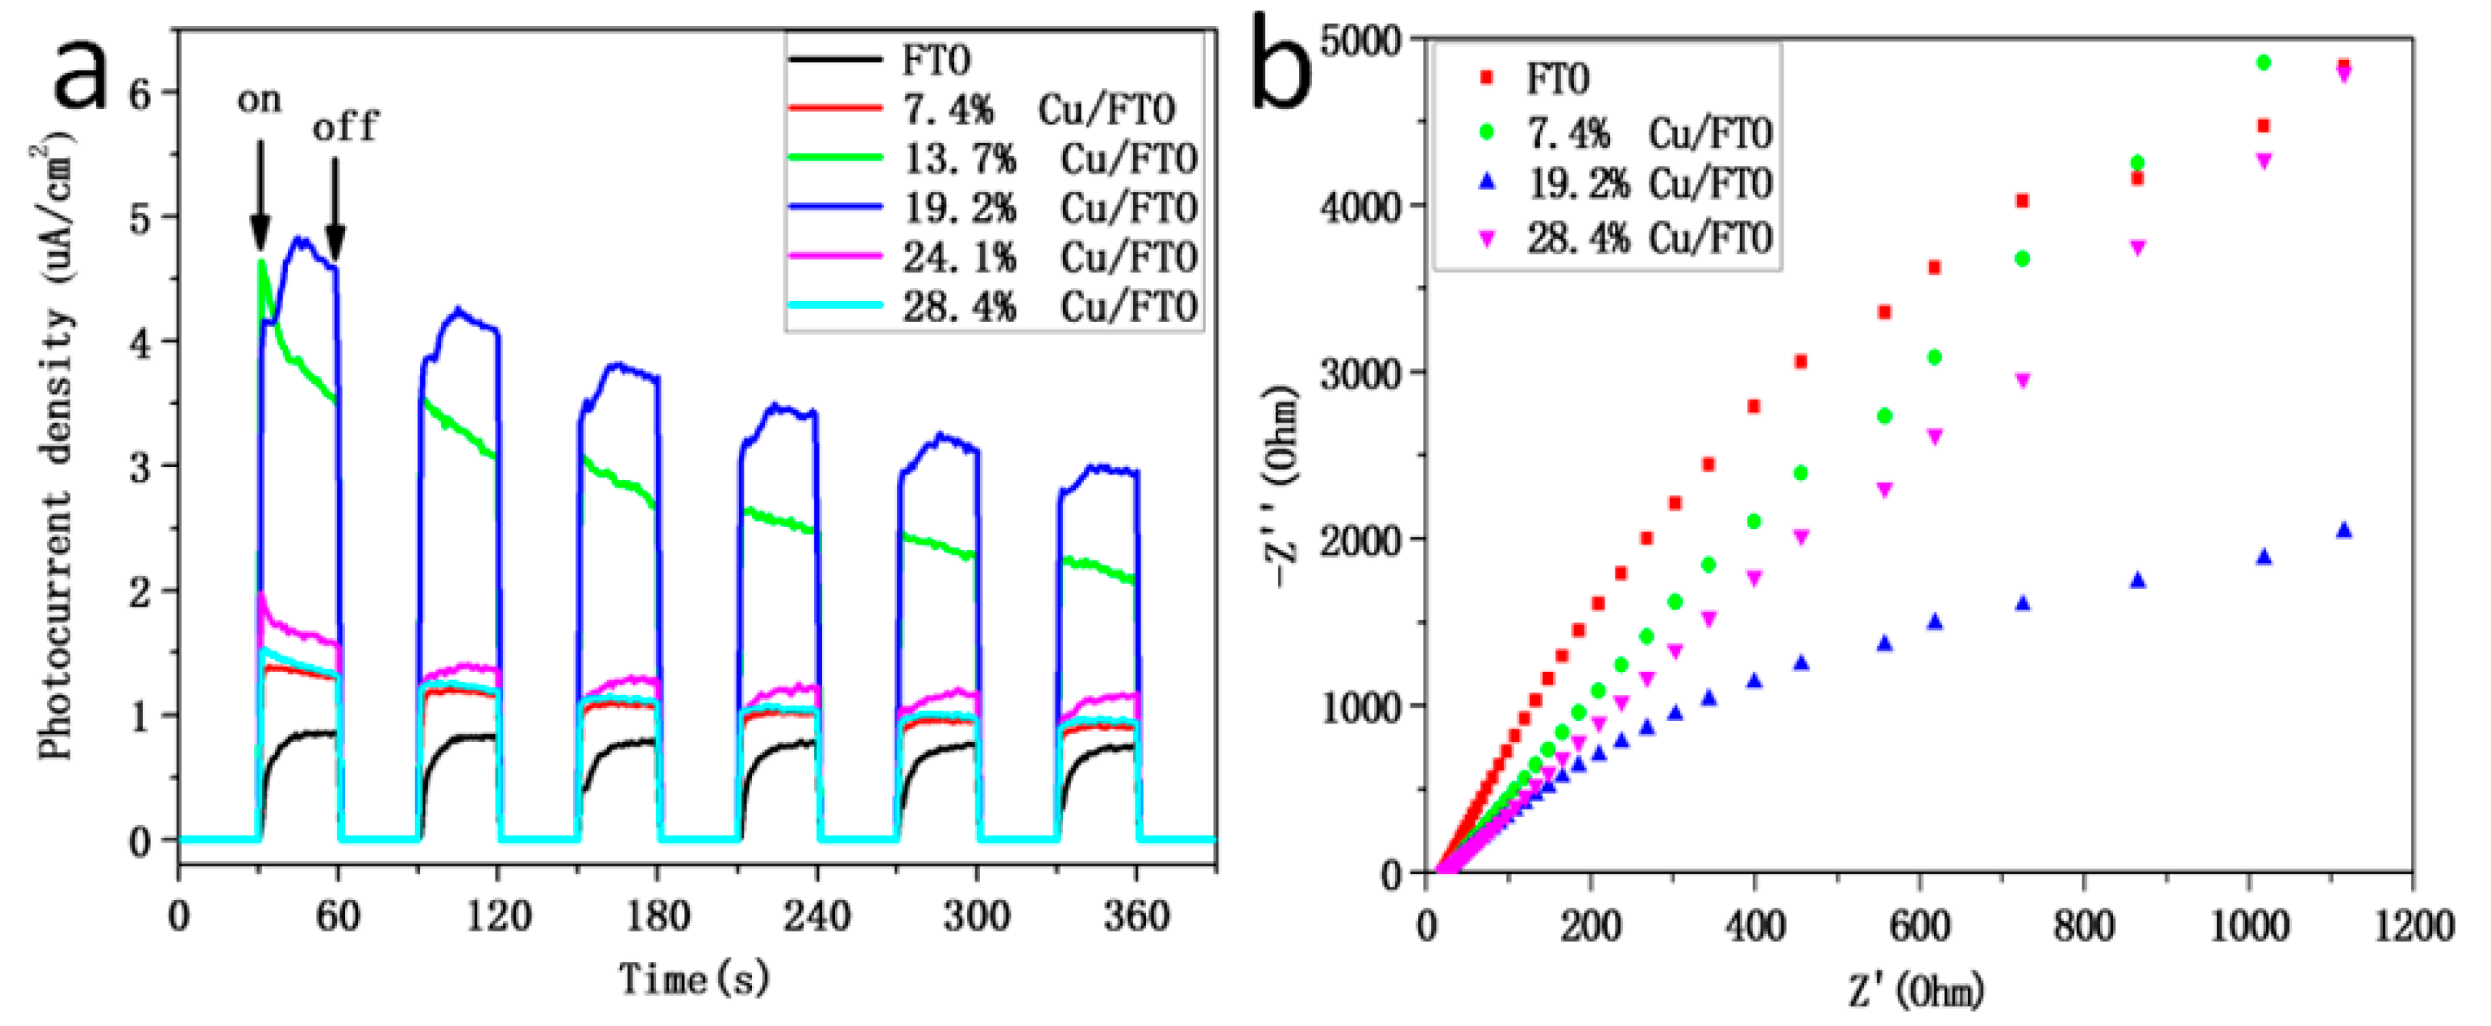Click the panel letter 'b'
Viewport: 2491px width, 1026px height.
click(x=1284, y=68)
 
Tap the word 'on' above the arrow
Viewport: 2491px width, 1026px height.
click(x=259, y=101)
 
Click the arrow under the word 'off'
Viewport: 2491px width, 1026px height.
click(x=335, y=209)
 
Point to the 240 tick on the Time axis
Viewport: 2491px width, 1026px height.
click(x=817, y=915)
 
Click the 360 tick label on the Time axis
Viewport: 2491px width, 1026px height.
click(x=1136, y=915)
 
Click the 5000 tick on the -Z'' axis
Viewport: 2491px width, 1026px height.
click(x=1362, y=41)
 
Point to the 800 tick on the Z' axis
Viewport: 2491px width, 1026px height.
click(x=2083, y=926)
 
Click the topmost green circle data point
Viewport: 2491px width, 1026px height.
click(x=2263, y=63)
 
